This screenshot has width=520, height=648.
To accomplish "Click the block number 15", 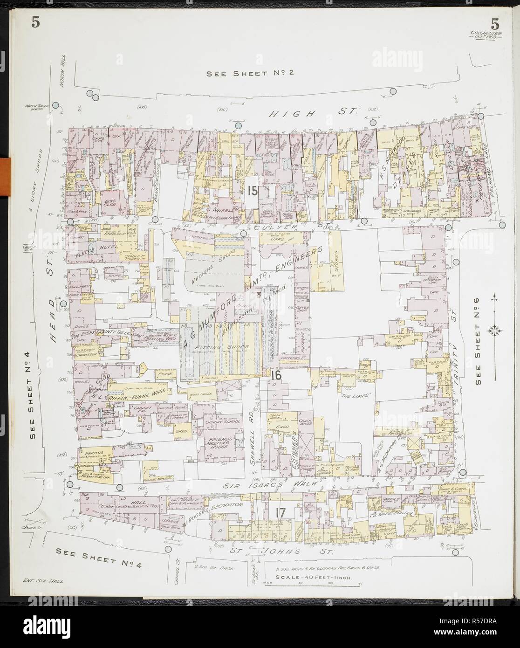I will point(253,191).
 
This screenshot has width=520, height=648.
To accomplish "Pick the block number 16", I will point(275,374).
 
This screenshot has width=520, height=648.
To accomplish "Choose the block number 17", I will point(280,512).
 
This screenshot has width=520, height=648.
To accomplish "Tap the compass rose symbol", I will point(494,331).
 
